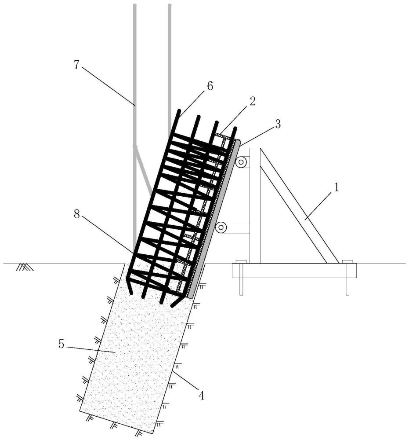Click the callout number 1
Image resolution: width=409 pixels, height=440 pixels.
(x=336, y=187)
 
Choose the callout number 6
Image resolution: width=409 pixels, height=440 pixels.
(x=210, y=86)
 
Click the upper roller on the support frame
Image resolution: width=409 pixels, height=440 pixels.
(x=241, y=162)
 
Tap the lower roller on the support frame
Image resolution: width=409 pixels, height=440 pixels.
(x=221, y=227)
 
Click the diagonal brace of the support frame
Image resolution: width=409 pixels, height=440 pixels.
(x=299, y=207)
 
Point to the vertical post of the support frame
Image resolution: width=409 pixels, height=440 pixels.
(x=255, y=207)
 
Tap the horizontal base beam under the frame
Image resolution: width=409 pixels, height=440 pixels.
(x=294, y=271)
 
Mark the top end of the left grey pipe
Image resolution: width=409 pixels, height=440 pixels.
(x=134, y=6)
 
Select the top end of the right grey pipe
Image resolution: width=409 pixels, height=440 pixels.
(x=170, y=6)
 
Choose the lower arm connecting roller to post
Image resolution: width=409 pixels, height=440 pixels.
(x=237, y=227)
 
